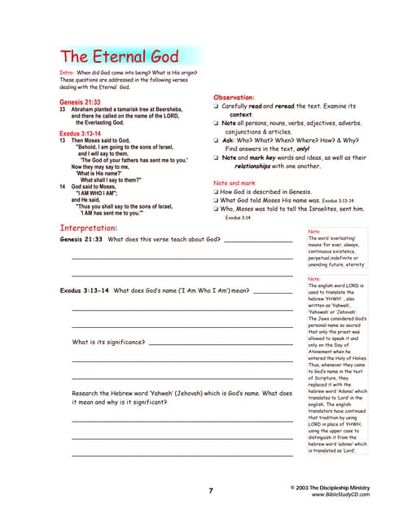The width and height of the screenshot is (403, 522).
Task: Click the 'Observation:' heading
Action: (237, 97)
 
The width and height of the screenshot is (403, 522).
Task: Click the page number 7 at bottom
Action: (210, 491)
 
